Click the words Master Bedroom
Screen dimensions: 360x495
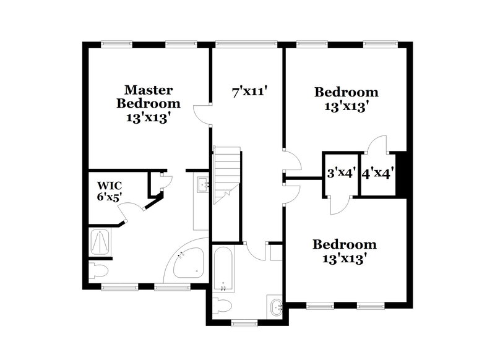(148, 97)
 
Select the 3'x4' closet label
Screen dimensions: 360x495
(340, 173)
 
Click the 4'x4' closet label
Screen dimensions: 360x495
(377, 173)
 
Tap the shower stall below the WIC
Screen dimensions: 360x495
(99, 242)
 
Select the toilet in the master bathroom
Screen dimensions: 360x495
(98, 270)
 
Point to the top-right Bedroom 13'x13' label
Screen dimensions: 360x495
(346, 99)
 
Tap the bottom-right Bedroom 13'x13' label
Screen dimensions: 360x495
(344, 251)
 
